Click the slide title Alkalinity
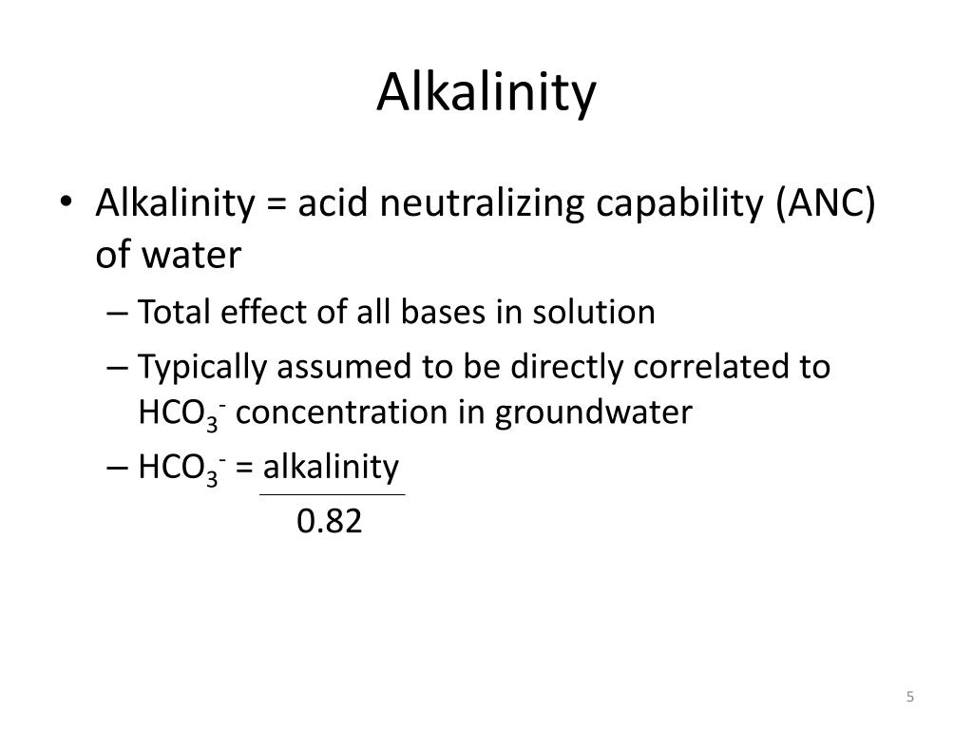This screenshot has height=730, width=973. click(486, 93)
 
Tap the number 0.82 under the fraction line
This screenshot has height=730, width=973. click(330, 522)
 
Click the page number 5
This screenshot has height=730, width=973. click(910, 698)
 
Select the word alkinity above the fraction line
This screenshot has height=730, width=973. click(332, 467)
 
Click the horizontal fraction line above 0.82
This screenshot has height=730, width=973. click(332, 494)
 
